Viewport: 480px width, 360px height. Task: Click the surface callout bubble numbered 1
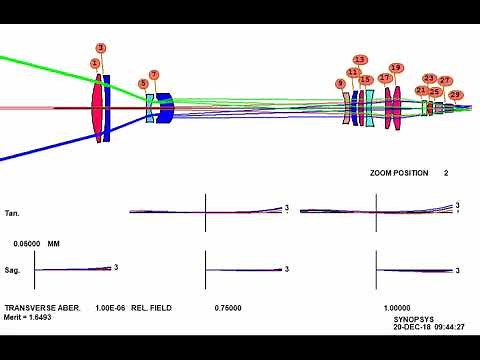click(95, 63)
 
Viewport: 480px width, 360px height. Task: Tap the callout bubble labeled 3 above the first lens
click(101, 48)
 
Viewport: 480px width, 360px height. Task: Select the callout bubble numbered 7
click(153, 74)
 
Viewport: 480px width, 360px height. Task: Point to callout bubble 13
click(360, 60)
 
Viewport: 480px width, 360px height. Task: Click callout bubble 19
click(396, 68)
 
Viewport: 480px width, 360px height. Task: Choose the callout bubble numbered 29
click(456, 95)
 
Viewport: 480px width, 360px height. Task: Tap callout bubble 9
click(341, 83)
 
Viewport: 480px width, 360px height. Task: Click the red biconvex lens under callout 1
click(97, 108)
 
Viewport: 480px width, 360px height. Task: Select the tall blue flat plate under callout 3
click(107, 107)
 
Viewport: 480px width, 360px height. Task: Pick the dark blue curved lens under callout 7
click(166, 107)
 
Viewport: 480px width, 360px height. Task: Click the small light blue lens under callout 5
click(150, 107)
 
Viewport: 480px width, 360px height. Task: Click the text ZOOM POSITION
click(399, 173)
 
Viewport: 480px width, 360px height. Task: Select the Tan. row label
click(13, 213)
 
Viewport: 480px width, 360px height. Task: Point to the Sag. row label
click(13, 270)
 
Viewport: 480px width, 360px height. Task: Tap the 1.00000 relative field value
click(399, 307)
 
